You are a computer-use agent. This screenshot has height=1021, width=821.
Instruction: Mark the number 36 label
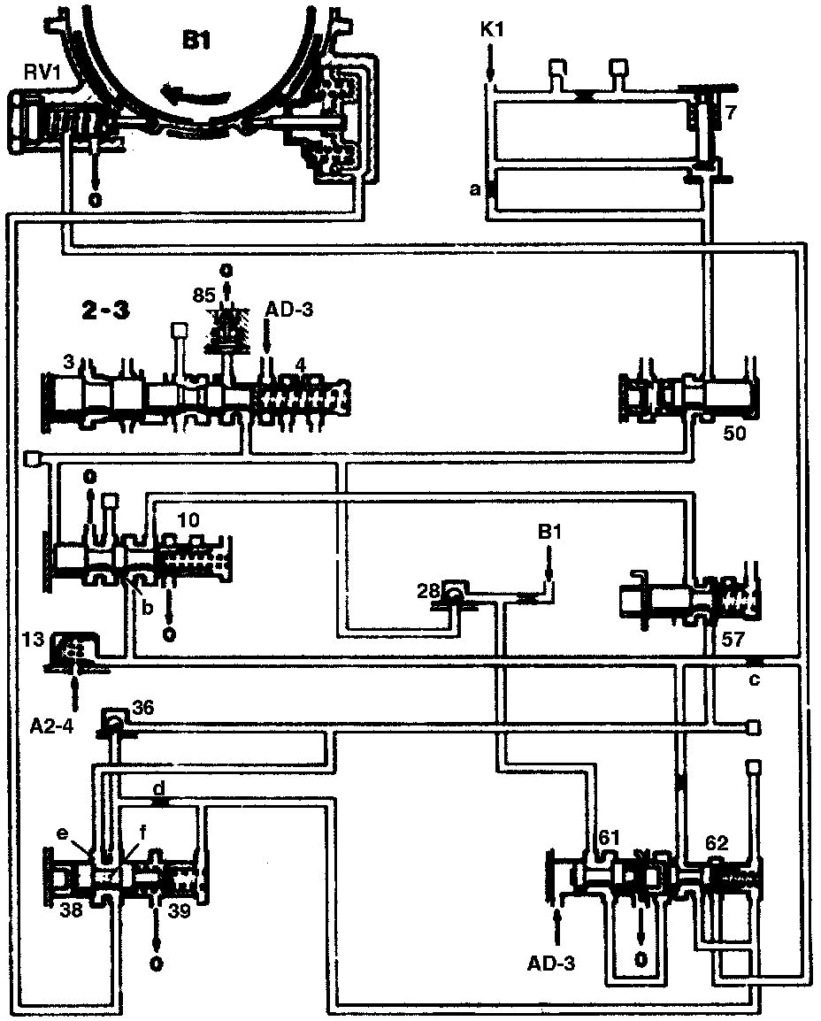[x=143, y=708]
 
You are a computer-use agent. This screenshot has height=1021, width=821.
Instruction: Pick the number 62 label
[x=716, y=843]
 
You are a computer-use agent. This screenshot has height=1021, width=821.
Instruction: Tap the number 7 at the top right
[x=729, y=112]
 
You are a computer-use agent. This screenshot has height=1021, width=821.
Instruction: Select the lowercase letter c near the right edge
[x=754, y=679]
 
